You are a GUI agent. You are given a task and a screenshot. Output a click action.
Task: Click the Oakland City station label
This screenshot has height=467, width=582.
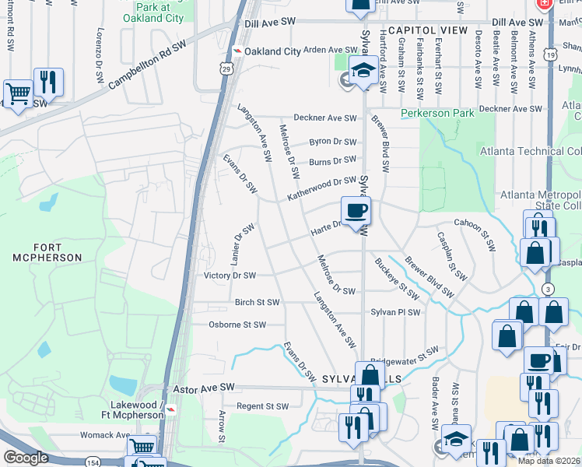[x=272, y=51]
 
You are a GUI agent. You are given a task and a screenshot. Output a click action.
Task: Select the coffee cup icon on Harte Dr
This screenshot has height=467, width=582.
[x=356, y=211]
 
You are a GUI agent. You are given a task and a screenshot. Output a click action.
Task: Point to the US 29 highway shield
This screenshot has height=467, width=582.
[x=225, y=69]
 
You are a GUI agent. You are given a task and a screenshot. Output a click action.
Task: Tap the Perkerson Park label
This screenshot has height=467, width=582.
[x=437, y=114]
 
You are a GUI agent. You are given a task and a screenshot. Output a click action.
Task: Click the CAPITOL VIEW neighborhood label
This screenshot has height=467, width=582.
[x=427, y=30]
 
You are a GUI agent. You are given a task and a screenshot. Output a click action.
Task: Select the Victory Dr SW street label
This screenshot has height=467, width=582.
[x=229, y=276]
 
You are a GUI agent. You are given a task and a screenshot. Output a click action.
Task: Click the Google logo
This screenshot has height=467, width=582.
[x=25, y=457]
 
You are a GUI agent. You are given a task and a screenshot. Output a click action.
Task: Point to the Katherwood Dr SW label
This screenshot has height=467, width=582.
[x=321, y=188]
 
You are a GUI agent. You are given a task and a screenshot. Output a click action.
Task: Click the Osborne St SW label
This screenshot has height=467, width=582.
[x=237, y=325]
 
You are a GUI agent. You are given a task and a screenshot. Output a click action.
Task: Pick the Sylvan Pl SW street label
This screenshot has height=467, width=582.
[x=395, y=312]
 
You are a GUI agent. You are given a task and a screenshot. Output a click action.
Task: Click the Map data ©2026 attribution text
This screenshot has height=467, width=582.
[x=549, y=461]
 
